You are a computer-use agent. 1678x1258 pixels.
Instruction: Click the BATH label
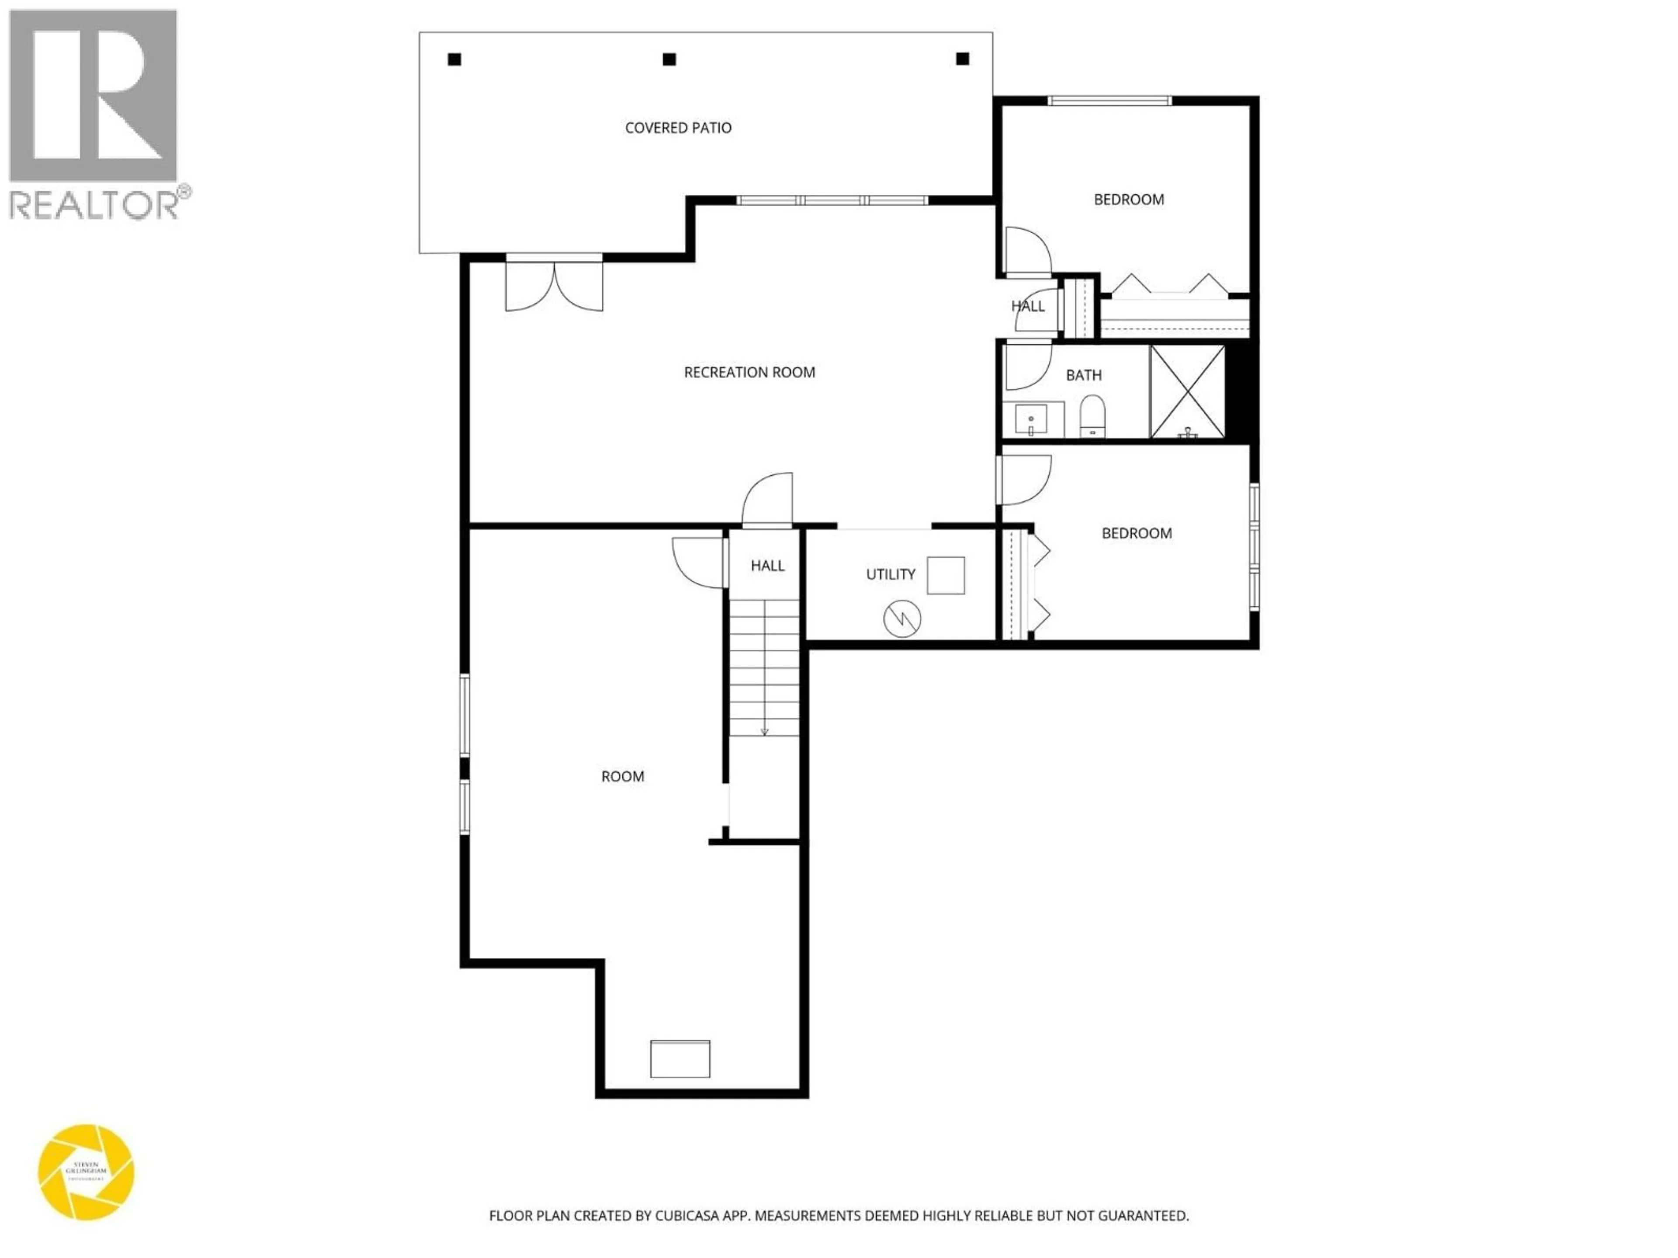tap(1083, 375)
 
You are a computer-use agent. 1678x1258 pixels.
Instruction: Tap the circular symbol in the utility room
tap(902, 619)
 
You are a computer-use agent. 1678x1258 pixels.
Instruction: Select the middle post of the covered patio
tap(669, 59)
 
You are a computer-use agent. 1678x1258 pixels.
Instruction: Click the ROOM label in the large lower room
tap(622, 777)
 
